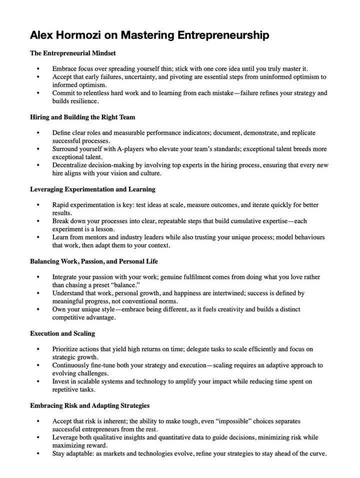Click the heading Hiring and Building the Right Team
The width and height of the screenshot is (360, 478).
point(82,117)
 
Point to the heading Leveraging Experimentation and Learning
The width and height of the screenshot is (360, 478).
point(92,189)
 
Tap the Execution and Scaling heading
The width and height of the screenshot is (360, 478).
point(62,333)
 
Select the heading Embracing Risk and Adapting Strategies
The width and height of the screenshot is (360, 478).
point(89,405)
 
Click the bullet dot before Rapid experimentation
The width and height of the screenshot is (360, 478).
point(38,205)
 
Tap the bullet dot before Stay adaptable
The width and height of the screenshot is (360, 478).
point(38,454)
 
